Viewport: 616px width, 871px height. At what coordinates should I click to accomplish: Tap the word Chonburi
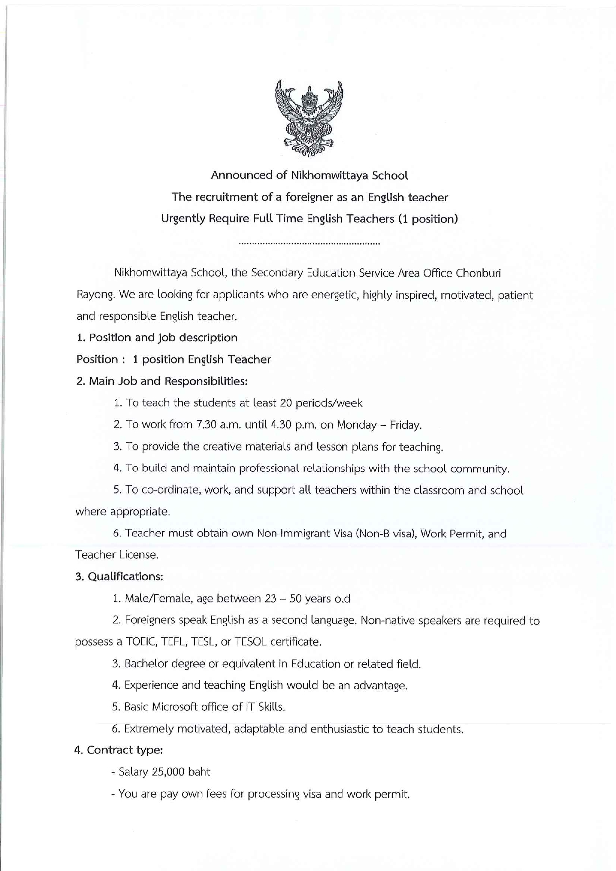[x=478, y=273]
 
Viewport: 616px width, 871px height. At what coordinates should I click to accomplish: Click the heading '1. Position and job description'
[x=157, y=338]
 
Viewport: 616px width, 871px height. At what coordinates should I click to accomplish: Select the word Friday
[x=406, y=425]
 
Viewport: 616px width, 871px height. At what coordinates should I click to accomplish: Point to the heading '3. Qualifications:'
[x=119, y=577]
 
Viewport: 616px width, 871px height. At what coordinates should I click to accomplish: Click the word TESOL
[x=250, y=642]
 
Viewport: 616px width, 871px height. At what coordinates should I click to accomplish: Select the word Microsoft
[x=175, y=707]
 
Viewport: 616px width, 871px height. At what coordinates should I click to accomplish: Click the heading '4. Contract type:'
[x=119, y=750]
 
